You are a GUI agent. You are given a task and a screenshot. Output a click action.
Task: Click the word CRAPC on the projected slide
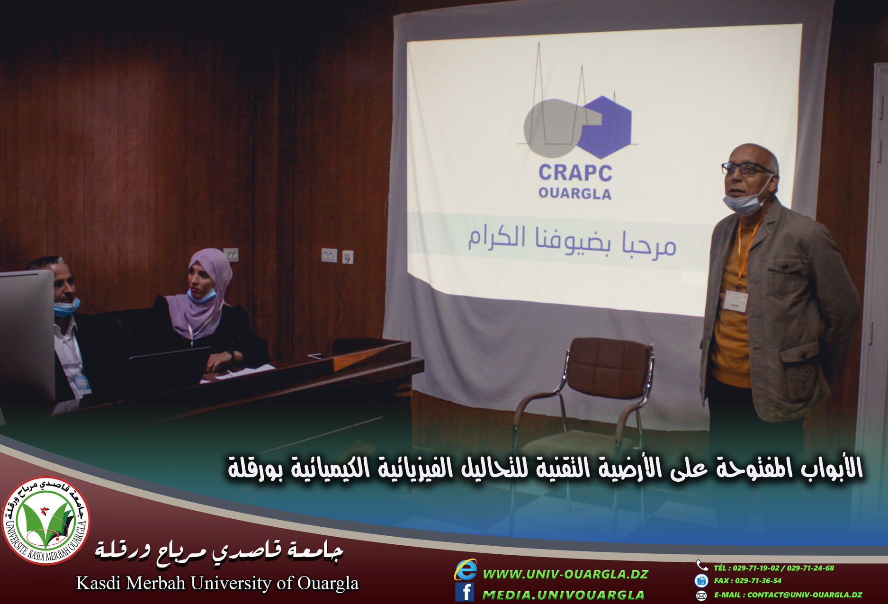tap(575, 173)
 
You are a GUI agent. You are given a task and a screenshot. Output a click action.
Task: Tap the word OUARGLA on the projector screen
tap(575, 193)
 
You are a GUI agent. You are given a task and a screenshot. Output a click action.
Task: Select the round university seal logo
tap(46, 520)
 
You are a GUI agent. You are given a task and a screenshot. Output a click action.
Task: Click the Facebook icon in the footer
tap(465, 592)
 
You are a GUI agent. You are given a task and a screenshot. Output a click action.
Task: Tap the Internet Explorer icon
tap(466, 569)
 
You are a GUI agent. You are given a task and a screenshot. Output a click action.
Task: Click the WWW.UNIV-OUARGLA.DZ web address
tap(565, 574)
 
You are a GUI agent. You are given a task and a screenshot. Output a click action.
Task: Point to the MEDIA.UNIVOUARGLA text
tap(564, 595)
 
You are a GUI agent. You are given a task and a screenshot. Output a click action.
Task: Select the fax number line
tap(748, 580)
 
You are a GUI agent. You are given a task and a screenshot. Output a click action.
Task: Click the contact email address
tap(788, 595)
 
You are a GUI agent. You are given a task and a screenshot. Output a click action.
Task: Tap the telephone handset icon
tap(701, 565)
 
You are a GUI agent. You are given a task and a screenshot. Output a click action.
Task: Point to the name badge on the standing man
tap(736, 301)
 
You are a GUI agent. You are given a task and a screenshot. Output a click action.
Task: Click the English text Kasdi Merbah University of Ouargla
tap(217, 583)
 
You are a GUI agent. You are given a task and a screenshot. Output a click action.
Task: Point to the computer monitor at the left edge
tap(27, 336)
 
